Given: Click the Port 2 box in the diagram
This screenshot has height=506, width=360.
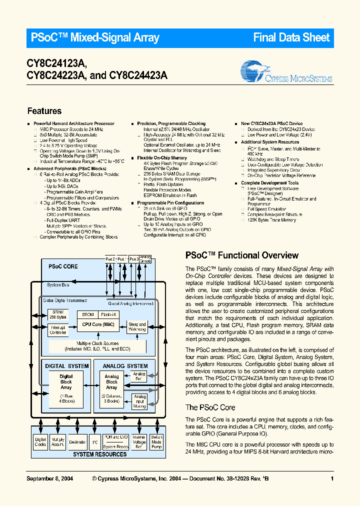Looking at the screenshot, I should [110, 259].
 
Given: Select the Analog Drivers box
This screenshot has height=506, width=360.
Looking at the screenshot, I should [146, 259].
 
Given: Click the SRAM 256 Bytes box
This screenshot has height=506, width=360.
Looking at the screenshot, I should [58, 314].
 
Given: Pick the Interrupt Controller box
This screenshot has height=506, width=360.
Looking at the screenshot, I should [58, 330].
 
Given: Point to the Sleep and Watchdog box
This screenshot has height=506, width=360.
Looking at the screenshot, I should [137, 326].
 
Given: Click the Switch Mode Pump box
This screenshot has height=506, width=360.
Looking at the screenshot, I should [156, 442].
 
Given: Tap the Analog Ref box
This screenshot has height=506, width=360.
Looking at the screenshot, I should [139, 376].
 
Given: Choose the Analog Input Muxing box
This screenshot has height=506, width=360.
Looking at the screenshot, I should [139, 401].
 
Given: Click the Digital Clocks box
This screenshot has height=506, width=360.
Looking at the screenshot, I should [40, 442].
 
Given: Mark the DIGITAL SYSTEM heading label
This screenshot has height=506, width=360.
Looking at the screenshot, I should [67, 366].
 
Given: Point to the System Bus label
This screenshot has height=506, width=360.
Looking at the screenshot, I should [58, 285].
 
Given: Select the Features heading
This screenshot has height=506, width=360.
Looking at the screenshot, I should [44, 111].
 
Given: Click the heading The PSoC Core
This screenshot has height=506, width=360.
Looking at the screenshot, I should [210, 407].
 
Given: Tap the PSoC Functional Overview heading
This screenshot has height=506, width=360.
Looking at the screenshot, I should [242, 255].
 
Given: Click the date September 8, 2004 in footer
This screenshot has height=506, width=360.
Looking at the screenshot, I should [49, 478].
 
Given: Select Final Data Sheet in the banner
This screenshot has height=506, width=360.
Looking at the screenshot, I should [291, 37].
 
